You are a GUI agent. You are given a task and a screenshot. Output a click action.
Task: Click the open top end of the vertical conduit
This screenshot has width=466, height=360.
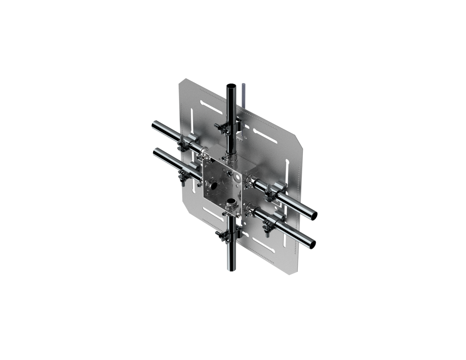[x=231, y=86]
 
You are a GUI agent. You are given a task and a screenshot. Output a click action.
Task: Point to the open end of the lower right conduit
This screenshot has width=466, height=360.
[x=311, y=243]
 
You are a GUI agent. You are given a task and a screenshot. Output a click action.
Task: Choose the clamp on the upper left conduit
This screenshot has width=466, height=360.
[x=187, y=143]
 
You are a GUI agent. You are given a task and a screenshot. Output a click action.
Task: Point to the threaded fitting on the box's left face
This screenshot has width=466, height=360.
[x=213, y=185]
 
